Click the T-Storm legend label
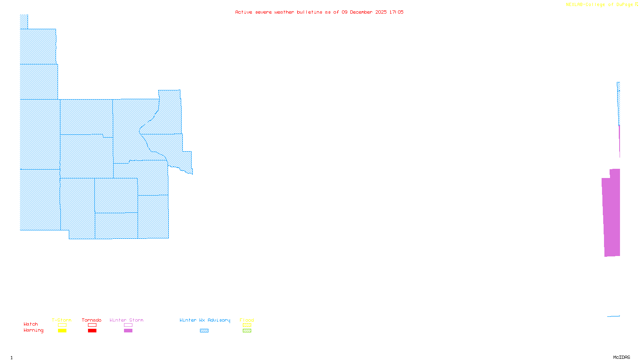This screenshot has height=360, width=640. (62, 320)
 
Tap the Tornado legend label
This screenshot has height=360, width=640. (92, 320)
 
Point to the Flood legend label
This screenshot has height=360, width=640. (247, 320)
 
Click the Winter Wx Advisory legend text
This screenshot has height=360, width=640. (205, 320)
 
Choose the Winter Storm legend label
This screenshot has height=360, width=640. (126, 320)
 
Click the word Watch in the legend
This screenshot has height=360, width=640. (31, 324)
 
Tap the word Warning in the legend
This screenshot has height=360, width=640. (34, 330)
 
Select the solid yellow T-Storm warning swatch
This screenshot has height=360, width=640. (62, 331)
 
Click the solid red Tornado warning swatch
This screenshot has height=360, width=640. (92, 331)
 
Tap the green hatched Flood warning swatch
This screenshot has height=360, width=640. (247, 331)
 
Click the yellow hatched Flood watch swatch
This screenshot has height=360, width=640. (247, 325)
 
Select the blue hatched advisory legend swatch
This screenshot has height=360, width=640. (204, 331)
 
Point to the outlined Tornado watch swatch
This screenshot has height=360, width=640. (92, 325)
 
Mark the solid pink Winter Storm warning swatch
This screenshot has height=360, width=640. (128, 331)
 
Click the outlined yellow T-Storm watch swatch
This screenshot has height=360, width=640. (62, 325)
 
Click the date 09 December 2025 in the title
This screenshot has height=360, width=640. (364, 12)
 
